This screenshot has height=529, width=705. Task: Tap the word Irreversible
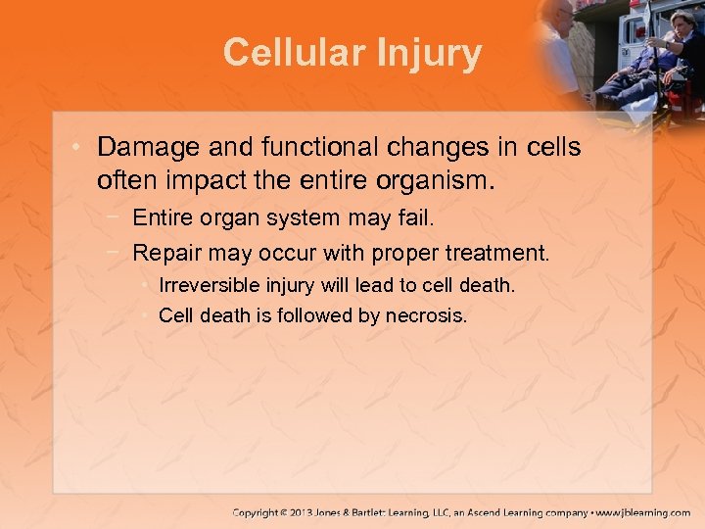point(211,285)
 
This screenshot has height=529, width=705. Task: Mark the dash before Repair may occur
point(116,253)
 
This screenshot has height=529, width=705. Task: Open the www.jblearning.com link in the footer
point(642,511)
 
